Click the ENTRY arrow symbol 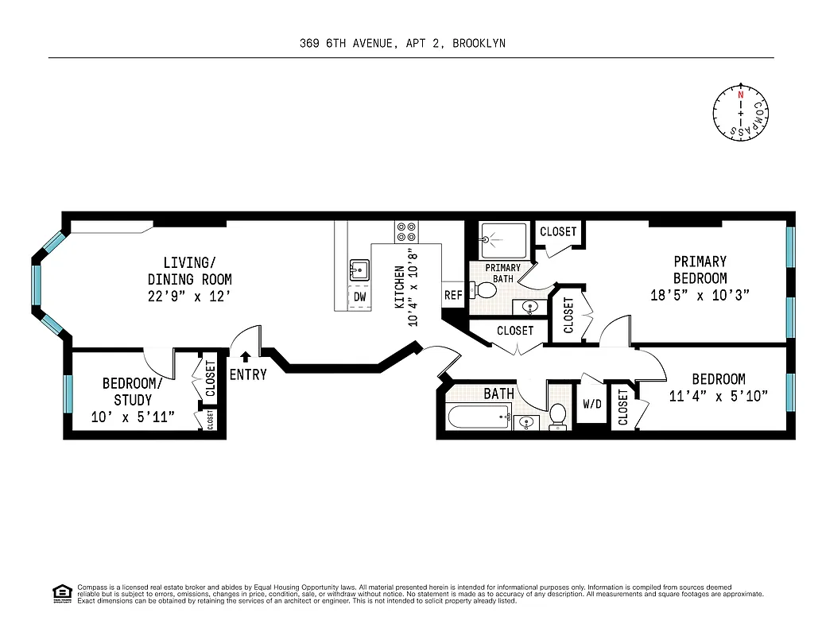pos(246,358)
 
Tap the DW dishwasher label pos(360,297)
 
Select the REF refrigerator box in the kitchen pos(453,295)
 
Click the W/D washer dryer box pos(592,404)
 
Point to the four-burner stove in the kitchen pos(406,231)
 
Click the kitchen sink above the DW pos(359,270)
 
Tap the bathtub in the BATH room pos(478,416)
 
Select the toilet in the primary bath pos(484,290)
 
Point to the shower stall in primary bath pos(504,239)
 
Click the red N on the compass pos(740,95)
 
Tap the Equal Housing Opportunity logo pos(62,592)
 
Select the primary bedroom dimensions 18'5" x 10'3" pos(700,295)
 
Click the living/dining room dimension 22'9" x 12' pos(189,296)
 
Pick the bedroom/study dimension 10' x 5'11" pos(132,417)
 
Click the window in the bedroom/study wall pos(68,394)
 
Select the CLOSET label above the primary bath pos(558,231)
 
